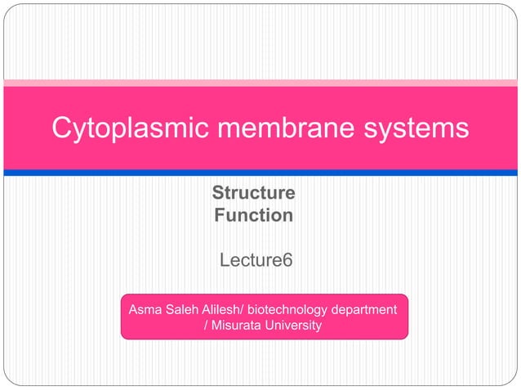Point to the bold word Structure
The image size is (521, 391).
253,194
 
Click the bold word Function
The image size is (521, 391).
253,216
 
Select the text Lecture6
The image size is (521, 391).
256,261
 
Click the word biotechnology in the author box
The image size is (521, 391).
287,310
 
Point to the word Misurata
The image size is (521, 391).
238,326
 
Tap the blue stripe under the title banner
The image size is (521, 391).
260,173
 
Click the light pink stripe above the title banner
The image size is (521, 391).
260,83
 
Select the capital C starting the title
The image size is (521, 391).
62,129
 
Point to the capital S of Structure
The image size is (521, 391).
218,194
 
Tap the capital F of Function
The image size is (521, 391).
219,216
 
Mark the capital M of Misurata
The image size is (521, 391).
216,326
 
